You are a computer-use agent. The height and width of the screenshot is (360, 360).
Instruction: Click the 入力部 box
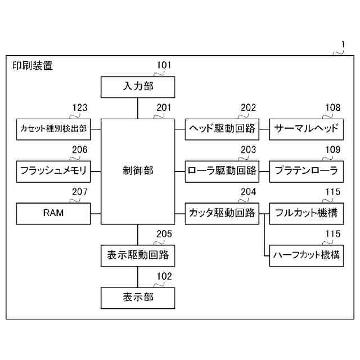(x=138, y=87)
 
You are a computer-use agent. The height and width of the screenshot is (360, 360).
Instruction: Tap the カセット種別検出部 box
(x=53, y=129)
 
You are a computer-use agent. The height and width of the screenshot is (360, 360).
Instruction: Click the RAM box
(x=53, y=213)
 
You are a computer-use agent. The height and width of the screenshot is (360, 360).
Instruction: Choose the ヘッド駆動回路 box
(x=222, y=129)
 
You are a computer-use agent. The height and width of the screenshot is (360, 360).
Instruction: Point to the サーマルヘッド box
(x=306, y=129)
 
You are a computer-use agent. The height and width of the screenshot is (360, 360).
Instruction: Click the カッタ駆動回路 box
(x=222, y=213)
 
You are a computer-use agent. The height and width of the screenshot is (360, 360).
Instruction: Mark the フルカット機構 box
(x=306, y=213)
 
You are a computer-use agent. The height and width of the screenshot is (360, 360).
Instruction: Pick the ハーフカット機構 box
(x=306, y=255)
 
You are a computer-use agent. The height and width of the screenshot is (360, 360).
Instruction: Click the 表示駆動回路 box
(x=138, y=255)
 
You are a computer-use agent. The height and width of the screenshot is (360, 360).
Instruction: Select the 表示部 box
(x=138, y=297)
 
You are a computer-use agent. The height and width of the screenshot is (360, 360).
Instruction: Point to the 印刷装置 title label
(x=33, y=66)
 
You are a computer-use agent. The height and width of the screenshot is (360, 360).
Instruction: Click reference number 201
(x=164, y=108)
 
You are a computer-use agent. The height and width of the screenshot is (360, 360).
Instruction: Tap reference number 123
(x=79, y=108)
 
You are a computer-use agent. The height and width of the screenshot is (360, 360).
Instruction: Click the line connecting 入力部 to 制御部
(x=138, y=108)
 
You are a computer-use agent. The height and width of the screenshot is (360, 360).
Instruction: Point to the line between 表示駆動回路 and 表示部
(x=138, y=276)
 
